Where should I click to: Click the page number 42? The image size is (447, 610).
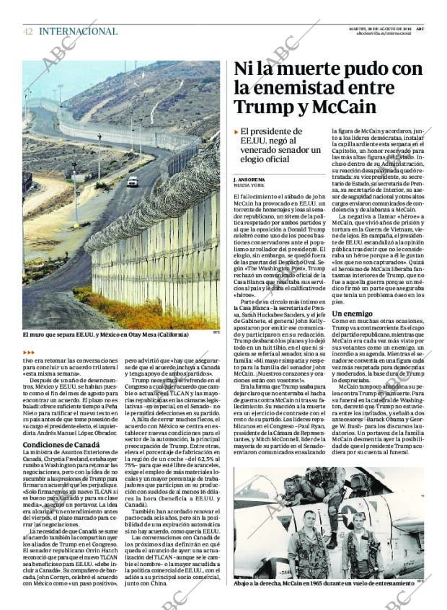(27, 31)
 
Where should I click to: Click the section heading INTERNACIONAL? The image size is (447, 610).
(78, 31)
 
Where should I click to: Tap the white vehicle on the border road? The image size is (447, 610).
(133, 182)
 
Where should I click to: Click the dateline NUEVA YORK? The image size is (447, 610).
(248, 185)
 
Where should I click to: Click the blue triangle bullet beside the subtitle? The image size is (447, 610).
(236, 131)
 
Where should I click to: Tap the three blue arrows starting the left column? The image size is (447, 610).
(30, 351)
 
